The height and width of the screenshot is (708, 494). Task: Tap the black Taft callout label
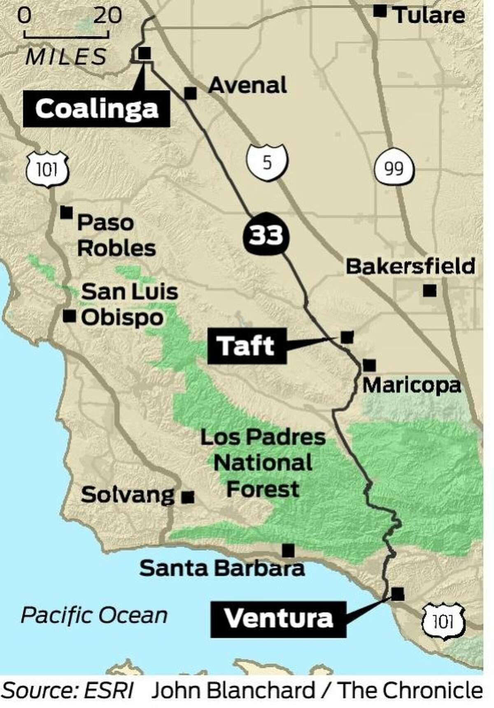click(x=247, y=346)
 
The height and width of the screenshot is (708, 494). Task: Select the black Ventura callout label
click(x=278, y=619)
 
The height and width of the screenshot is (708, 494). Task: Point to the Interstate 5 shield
click(x=267, y=163)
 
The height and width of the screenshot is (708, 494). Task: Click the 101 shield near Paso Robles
click(x=47, y=169)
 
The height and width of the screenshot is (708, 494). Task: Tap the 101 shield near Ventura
click(x=443, y=621)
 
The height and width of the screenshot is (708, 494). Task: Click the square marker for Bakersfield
click(x=429, y=291)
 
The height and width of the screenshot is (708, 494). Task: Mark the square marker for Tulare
click(x=380, y=11)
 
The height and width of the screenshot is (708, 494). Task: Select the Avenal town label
click(x=247, y=86)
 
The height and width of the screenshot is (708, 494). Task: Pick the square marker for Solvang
click(x=188, y=497)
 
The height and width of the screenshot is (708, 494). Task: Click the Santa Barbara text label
click(x=222, y=568)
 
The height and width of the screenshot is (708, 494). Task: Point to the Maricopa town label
click(x=411, y=386)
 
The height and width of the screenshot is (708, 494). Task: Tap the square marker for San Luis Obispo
click(x=70, y=316)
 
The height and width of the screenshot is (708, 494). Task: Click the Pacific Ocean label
click(x=94, y=616)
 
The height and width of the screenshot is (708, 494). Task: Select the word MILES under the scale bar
click(x=66, y=57)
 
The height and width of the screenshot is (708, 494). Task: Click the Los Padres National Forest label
click(x=263, y=463)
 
